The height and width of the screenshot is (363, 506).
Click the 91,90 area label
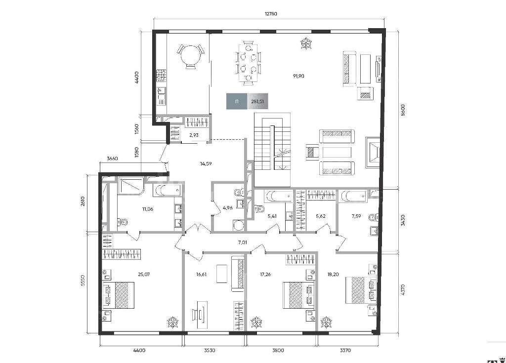pos(298,76)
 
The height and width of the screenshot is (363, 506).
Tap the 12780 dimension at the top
pos(271,14)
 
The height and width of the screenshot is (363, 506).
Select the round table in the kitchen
pos(190,56)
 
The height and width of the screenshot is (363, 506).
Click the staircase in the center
pos(272,150)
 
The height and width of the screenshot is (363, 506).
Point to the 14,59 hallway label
pos(206,163)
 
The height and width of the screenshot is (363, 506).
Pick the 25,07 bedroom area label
pos(144,275)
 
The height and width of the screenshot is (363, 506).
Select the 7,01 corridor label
pos(242,242)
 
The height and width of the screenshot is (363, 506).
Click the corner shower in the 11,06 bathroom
pos(131,186)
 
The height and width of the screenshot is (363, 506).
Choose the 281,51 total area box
pos(247,101)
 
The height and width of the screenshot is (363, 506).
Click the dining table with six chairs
pos(249,63)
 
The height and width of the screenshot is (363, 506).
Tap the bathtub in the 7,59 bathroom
pos(354,196)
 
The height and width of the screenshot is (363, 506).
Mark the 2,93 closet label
pos(194,135)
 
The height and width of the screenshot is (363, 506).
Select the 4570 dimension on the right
pos(403,290)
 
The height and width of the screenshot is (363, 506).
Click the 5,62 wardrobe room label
pos(320,216)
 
